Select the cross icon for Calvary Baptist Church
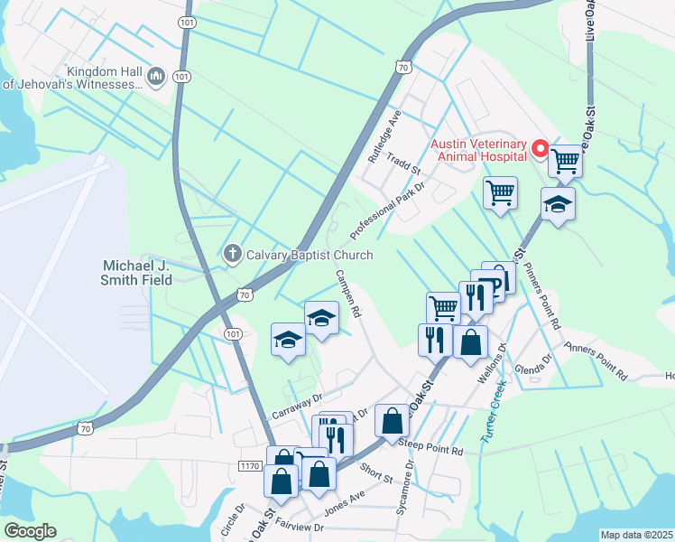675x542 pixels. pyautogui.click(x=231, y=254)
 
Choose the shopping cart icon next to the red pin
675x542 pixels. pyautogui.click(x=566, y=162)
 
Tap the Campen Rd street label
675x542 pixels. pyautogui.click(x=348, y=294)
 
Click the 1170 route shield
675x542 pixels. pyautogui.click(x=251, y=466)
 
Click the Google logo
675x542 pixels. pyautogui.click(x=31, y=531)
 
